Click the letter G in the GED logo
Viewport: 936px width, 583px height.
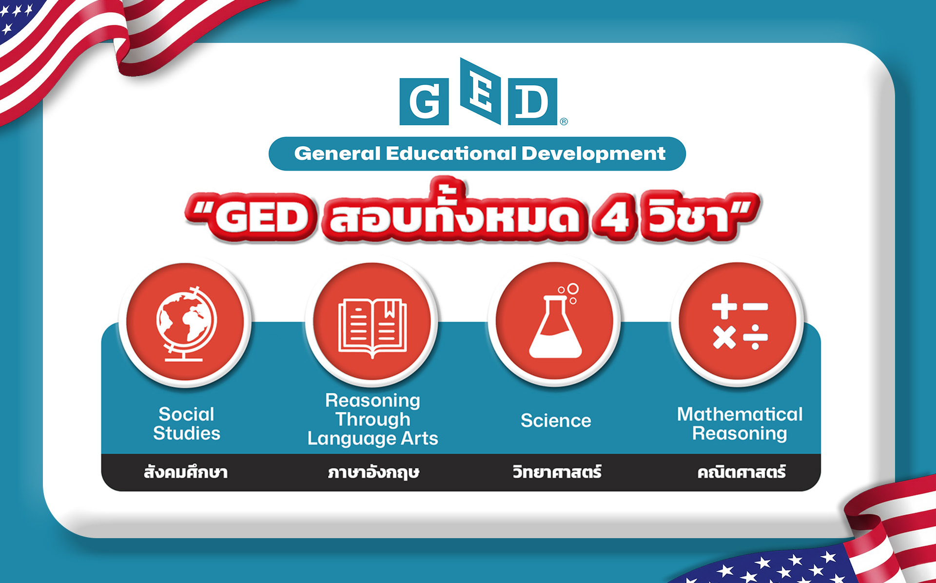424,101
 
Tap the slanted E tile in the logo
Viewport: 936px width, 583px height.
481,91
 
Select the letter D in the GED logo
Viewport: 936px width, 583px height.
532,101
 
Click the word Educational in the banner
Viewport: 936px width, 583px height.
451,154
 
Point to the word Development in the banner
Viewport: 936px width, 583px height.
593,154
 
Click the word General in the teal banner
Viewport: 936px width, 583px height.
337,154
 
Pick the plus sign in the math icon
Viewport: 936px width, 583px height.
724,306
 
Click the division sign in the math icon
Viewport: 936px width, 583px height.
755,337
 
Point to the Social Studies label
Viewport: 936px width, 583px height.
186,424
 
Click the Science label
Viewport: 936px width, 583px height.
556,421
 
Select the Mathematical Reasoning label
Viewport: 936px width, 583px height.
740,424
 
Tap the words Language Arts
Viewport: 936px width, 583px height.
373,439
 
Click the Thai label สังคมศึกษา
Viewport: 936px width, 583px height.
186,472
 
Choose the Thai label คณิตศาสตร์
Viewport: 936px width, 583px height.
741,472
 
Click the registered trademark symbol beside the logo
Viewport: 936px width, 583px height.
564,121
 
